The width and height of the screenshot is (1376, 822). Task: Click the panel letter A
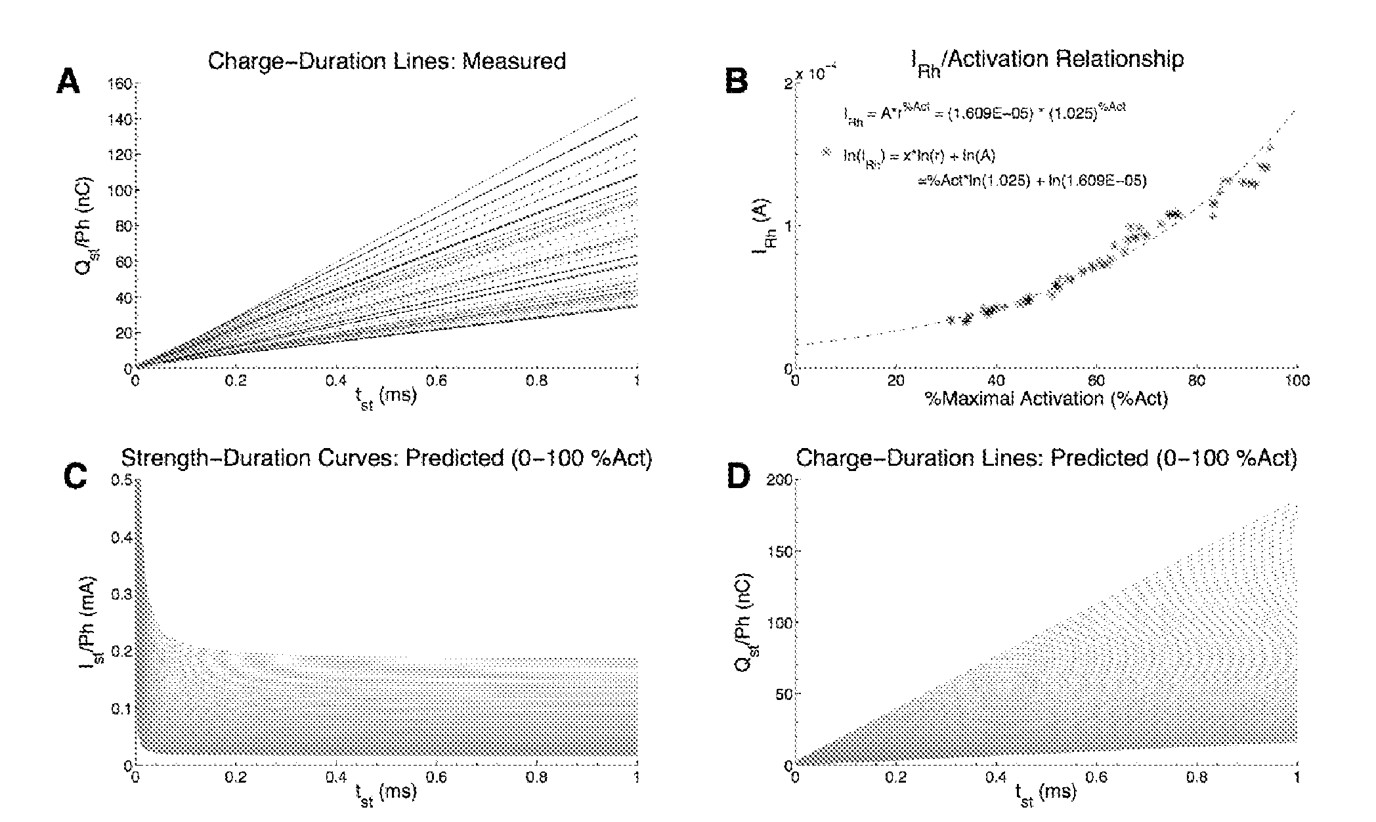[x=69, y=83]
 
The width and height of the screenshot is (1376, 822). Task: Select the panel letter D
[x=738, y=478]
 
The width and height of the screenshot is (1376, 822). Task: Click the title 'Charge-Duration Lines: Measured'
[x=387, y=62]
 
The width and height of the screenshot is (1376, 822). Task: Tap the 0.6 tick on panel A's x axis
[x=437, y=380]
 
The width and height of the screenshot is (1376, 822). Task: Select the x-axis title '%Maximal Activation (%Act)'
[x=1046, y=399]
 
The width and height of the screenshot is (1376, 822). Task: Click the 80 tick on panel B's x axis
[x=1196, y=381]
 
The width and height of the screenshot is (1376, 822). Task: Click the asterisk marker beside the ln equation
[x=827, y=152]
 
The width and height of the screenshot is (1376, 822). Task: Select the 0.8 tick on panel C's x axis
[x=537, y=777]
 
